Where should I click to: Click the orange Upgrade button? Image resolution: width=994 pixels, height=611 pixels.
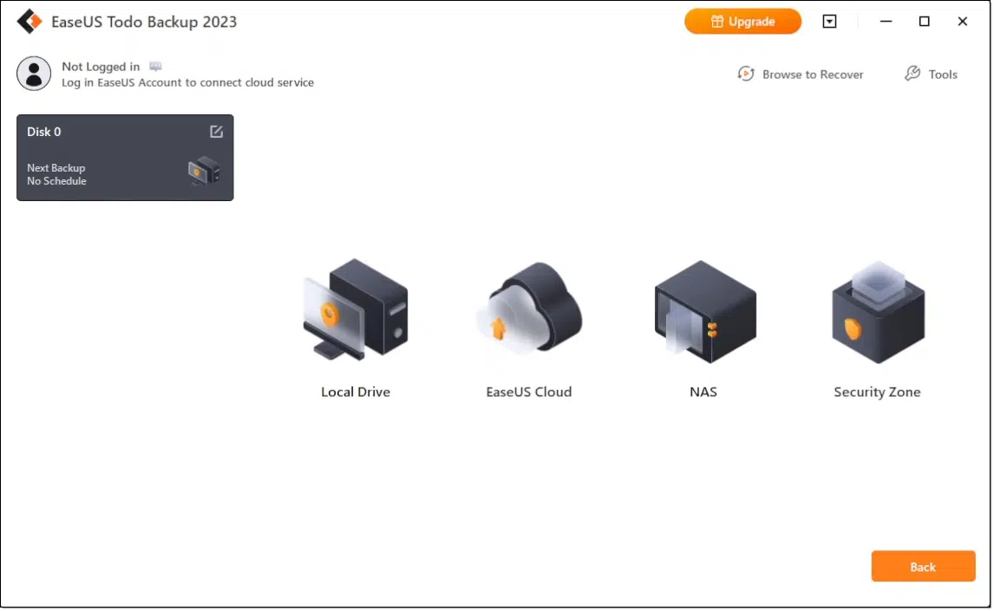(742, 22)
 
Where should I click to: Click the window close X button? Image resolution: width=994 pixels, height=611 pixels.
(962, 22)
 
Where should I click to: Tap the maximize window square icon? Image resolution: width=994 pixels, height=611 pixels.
(925, 22)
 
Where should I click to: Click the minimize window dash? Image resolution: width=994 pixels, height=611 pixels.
(886, 22)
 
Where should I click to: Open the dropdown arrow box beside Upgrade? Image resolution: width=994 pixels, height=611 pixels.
(829, 22)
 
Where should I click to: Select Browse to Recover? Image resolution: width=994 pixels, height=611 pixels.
(801, 74)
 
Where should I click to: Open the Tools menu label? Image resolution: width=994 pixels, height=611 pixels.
(943, 75)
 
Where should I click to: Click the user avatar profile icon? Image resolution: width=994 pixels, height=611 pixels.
(34, 74)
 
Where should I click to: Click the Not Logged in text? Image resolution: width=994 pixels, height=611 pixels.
(100, 67)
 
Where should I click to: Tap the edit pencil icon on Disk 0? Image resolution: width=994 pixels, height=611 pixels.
(216, 132)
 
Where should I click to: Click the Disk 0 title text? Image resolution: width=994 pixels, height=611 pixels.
(43, 132)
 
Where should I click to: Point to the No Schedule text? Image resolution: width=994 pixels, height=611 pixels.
(56, 181)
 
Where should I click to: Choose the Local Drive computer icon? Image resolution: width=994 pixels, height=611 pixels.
(356, 309)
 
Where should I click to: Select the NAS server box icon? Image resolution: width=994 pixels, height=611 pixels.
(705, 311)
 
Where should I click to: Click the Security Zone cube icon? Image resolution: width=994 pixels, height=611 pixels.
(878, 312)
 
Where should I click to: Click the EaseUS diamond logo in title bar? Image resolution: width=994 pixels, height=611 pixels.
(29, 22)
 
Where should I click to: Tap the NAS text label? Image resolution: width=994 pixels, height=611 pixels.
(703, 392)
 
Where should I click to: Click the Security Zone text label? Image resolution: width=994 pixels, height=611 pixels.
(878, 392)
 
